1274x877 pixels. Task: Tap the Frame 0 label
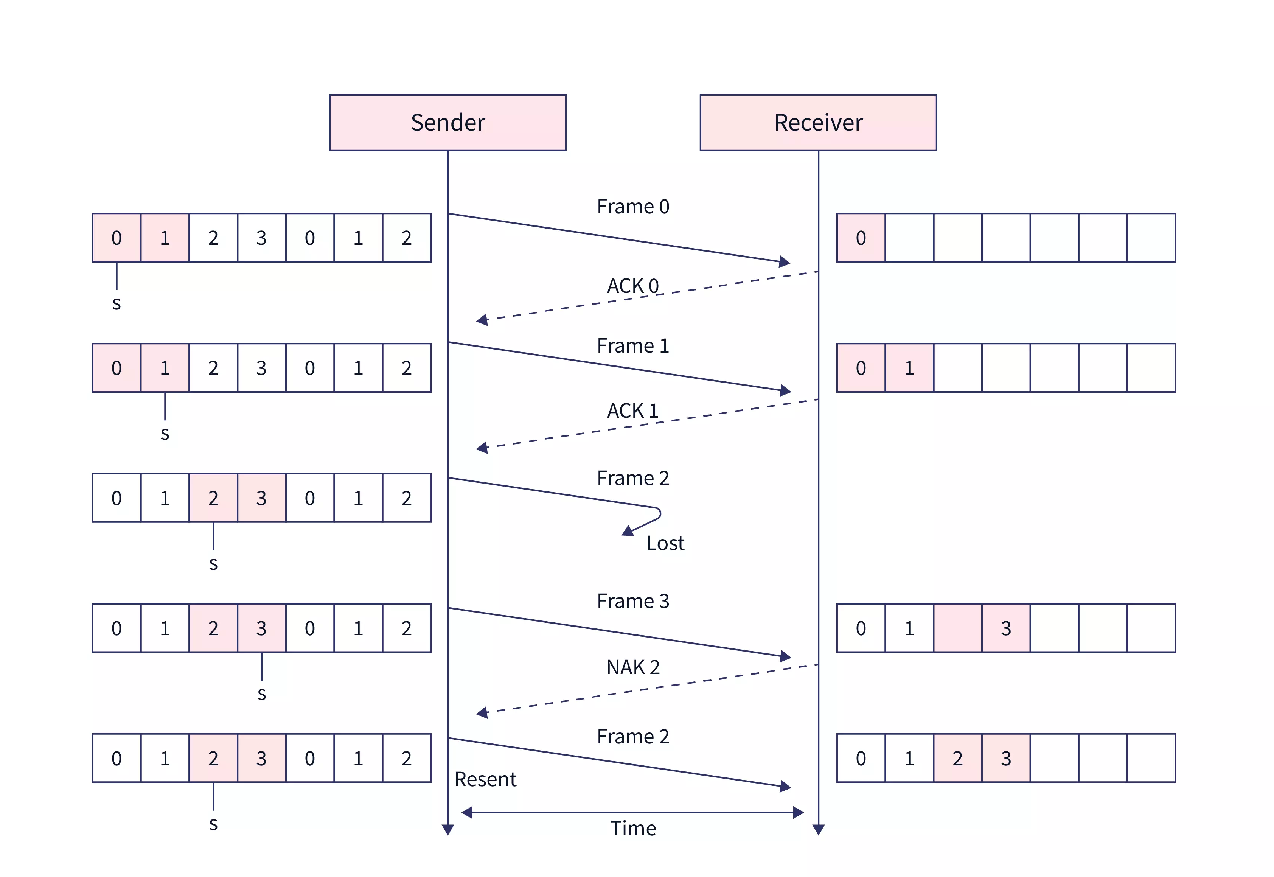[632, 207]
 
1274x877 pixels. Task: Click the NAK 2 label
[632, 667]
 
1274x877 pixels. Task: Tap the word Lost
[665, 543]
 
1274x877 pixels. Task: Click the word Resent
[485, 779]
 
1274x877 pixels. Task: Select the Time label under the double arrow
[633, 828]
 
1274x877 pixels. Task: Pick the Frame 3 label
[632, 601]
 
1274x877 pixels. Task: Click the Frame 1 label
[632, 346]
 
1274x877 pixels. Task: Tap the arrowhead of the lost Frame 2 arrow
[628, 531]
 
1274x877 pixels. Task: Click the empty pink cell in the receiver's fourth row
[957, 628]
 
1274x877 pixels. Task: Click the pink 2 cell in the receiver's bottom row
[957, 758]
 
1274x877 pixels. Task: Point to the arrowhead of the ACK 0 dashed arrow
[482, 320]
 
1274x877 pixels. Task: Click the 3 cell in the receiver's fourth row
[1005, 628]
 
